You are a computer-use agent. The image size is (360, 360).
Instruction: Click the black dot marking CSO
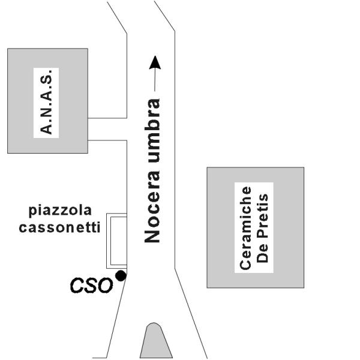[x=121, y=275]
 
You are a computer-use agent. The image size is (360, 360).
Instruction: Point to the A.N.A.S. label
[x=48, y=101]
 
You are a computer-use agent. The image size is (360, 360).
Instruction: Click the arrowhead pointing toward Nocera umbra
[x=155, y=62]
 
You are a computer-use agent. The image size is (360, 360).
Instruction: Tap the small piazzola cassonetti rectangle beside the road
[x=116, y=240]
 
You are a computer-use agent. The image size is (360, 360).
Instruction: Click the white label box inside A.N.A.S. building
[x=48, y=101]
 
